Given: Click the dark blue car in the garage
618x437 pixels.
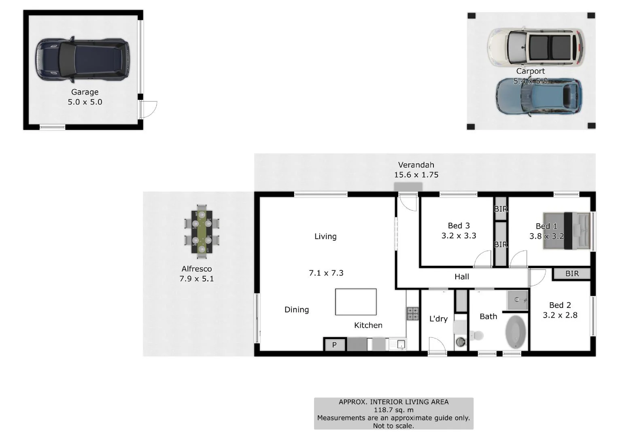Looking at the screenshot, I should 82,60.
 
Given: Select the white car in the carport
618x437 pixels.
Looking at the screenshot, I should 536,47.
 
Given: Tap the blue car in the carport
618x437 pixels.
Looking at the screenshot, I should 539,96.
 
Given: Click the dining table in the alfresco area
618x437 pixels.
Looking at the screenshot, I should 202,231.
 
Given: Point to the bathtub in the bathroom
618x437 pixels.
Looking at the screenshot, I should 516,332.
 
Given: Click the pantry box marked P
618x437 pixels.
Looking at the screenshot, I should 334,345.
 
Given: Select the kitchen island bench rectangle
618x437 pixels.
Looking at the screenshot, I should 356,302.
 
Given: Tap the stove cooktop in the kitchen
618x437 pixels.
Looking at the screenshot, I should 412,314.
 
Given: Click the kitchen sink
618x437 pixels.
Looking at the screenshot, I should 398,344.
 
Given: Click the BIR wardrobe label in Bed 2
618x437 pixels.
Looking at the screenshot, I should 572,274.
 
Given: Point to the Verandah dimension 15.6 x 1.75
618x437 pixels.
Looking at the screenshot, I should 416,175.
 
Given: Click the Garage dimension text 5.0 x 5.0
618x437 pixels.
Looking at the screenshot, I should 85,102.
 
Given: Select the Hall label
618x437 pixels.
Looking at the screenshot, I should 461,277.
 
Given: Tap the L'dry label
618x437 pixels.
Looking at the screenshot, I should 438,319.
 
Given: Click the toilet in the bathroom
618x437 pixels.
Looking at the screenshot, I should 476,335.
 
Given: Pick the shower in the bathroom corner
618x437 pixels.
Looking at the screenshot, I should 518,300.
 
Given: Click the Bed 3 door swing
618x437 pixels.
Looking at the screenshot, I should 483,259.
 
